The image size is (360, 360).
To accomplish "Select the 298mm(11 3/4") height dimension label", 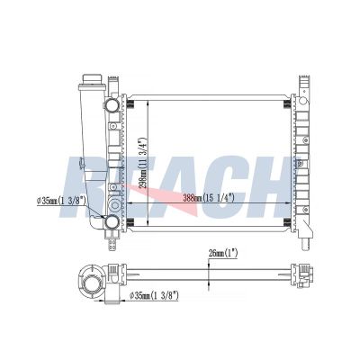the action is tap(143, 163).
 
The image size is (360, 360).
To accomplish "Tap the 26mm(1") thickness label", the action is tap(223, 254).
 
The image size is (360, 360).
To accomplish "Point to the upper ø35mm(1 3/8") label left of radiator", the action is tap(61, 201).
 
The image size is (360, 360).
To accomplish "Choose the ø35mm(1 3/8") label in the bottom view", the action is tap(154, 296).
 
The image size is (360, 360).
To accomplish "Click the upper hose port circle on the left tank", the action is tap(112, 104).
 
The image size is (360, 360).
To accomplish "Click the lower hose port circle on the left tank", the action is tap(112, 222).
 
